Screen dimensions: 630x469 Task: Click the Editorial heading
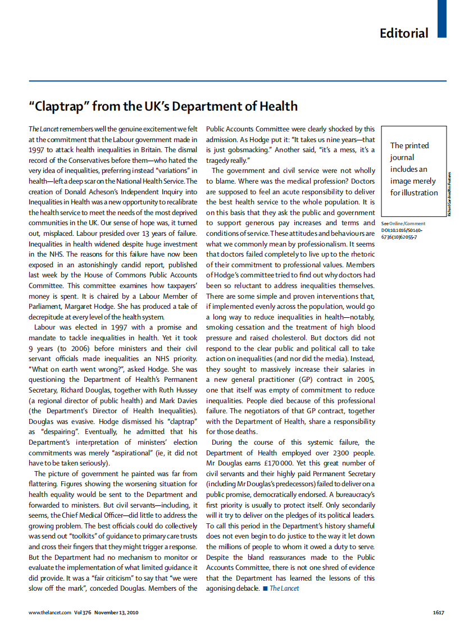tap(404, 33)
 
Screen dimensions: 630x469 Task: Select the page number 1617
tap(438, 612)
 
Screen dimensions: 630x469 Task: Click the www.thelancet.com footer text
tap(50, 612)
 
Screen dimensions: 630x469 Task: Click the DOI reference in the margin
tap(403, 233)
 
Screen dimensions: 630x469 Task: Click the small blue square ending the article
tap(265, 588)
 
